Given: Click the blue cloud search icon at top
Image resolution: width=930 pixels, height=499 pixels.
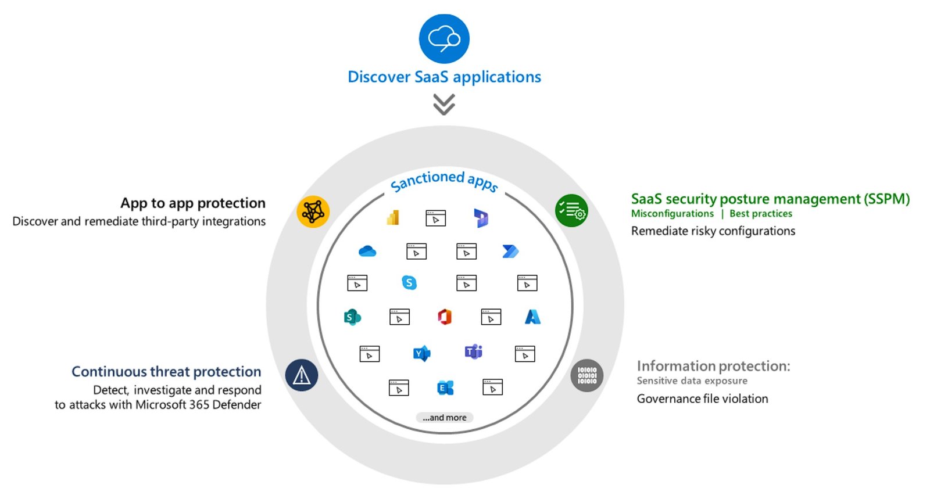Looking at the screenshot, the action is point(444,38).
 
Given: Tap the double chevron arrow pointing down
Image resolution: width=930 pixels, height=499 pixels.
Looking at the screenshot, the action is point(444,104).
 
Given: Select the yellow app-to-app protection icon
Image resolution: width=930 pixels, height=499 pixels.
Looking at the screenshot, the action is point(313,211).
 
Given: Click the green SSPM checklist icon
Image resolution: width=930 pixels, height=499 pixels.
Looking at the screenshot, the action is point(571,210).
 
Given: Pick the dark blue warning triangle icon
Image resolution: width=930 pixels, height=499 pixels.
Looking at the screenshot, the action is point(302,375).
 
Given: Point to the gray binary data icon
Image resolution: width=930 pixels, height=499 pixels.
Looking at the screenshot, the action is point(586,375).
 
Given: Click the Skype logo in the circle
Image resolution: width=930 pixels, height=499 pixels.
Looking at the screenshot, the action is point(409,283).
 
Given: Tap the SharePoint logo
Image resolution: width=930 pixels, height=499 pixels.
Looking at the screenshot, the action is point(352,317).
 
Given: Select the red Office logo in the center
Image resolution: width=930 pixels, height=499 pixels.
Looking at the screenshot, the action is point(445,317).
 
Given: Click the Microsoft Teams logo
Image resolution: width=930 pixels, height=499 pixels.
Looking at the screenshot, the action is point(473,352).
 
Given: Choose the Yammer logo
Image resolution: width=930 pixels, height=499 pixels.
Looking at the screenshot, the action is point(422,353).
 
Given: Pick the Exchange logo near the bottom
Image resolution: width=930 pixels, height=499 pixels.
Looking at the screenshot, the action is point(445,388).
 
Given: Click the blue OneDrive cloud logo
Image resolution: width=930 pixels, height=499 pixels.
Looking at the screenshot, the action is point(367,252).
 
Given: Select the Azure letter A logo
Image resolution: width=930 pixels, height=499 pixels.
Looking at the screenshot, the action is point(532,317).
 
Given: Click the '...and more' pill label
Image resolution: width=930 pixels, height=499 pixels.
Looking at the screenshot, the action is point(444,417).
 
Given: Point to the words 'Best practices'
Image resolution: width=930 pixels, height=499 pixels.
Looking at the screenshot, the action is point(761,214).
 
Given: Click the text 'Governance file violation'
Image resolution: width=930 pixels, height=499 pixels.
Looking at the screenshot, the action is point(702,399).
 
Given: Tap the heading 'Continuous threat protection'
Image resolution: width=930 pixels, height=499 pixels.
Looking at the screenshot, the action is point(166,372).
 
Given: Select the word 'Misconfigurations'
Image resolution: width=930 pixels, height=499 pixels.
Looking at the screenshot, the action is point(672,214).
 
